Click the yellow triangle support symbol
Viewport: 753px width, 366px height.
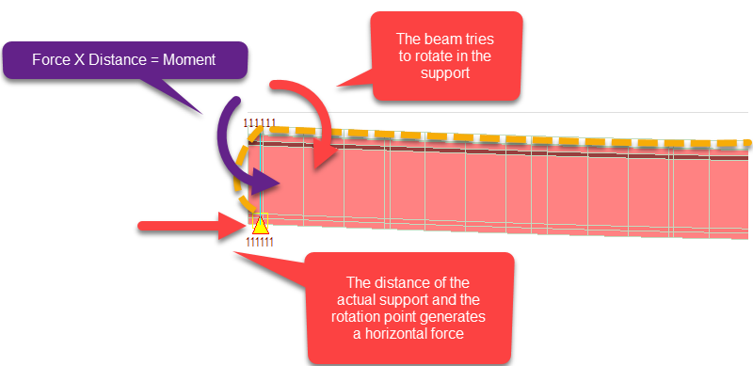coord(260,223)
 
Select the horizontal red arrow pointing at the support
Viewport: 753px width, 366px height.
coord(188,226)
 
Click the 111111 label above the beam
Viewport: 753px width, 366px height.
coord(261,122)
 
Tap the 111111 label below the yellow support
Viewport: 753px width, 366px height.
coord(260,241)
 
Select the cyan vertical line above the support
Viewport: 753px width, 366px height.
coord(260,179)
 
